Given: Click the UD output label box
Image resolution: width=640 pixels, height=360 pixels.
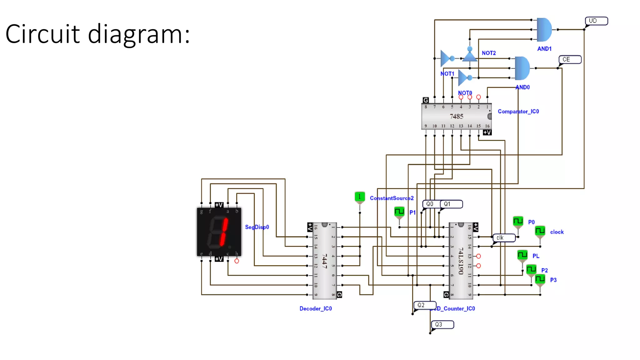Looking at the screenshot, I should point(596,21).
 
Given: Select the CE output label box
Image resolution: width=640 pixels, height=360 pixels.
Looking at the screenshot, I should point(570,59).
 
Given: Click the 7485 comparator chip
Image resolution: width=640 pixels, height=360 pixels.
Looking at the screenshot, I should point(456,116).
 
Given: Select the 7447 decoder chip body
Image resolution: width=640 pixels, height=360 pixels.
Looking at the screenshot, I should point(325,261).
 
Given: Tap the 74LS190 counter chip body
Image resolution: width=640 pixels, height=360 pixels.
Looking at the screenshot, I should point(461,261).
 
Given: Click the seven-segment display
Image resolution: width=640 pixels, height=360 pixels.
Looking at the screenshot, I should point(219,232).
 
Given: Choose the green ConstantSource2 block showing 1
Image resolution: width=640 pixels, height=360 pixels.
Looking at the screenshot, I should point(360,197).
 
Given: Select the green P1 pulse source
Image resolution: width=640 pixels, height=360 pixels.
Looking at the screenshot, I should point(399,212).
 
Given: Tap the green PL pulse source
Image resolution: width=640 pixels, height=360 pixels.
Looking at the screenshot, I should point(522,255).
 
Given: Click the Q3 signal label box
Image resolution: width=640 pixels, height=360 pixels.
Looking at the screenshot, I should point(442,324).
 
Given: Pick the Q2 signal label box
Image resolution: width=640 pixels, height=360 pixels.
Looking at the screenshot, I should point(425,305).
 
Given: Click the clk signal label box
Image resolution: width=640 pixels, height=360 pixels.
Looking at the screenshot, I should point(504,238).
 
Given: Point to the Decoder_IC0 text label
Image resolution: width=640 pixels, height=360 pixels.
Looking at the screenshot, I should point(316,308).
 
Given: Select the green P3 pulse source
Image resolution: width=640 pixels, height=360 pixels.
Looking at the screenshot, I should point(540,279).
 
